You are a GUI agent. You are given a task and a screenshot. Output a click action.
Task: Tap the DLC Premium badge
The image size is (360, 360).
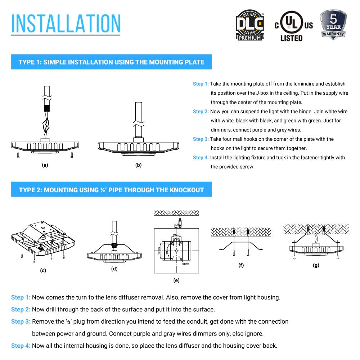249,25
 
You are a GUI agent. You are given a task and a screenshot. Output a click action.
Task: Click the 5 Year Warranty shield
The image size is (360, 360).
333,24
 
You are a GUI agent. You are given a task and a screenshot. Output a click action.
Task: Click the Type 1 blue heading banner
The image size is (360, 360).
111,62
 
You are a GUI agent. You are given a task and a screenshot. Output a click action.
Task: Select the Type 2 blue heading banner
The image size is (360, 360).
111,190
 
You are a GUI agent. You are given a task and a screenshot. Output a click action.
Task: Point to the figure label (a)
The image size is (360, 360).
45,165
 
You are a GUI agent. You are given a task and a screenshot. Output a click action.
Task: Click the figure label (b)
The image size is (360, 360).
138,165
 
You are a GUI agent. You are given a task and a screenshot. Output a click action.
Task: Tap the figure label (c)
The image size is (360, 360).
43,270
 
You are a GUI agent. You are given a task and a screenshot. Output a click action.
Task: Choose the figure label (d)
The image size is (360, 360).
114,269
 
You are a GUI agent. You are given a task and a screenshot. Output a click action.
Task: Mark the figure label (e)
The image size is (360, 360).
176,280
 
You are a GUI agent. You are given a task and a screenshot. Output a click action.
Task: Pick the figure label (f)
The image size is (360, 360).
241,265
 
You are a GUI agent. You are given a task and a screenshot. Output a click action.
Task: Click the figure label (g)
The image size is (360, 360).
316,265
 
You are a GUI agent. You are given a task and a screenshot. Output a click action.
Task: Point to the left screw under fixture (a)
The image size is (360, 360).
17,155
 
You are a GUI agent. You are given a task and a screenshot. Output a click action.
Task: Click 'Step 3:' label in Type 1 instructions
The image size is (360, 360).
201,139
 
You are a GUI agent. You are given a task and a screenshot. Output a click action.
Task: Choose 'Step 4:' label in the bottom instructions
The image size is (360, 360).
21,346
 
